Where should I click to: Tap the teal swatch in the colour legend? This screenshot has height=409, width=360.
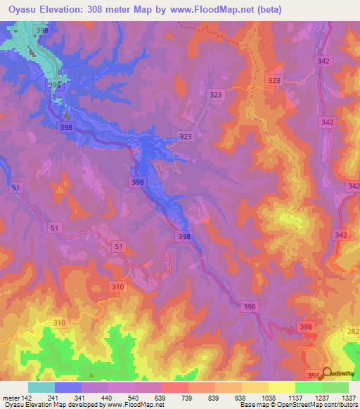tap(41, 387)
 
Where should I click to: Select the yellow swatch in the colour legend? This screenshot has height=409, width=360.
tap(281, 387)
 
